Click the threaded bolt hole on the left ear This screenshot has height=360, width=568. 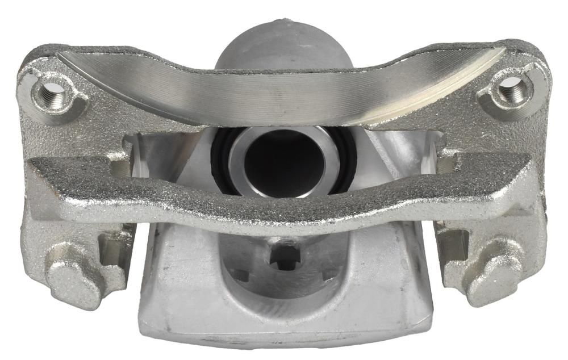click(x=52, y=91)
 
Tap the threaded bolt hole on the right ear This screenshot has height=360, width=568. click(x=512, y=89)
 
